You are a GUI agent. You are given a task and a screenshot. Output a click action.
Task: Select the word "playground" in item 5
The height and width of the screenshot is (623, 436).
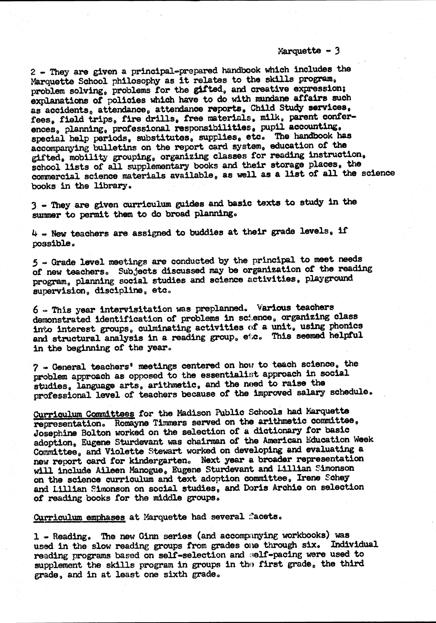pos(329,278)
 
